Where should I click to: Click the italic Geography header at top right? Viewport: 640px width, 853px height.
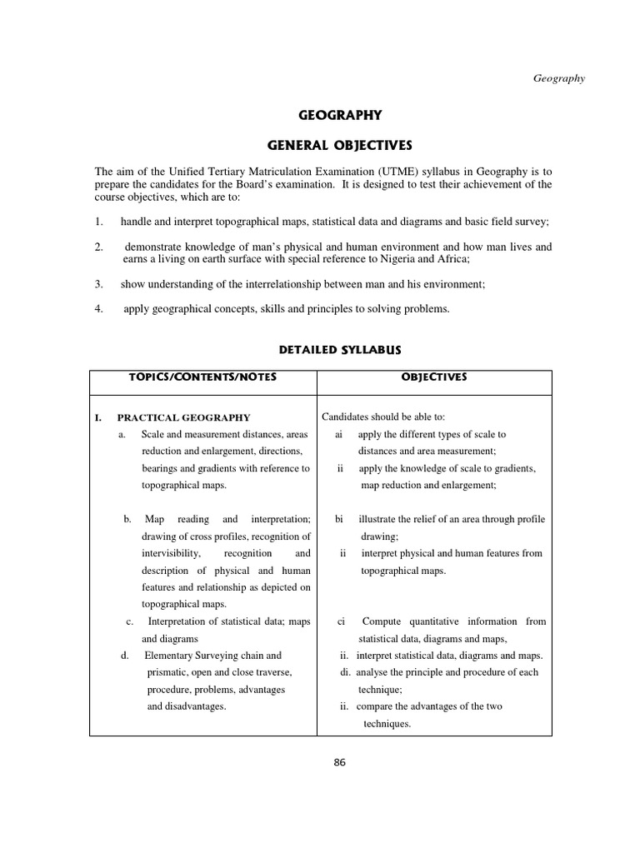point(559,78)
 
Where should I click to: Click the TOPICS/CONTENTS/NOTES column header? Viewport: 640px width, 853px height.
point(202,377)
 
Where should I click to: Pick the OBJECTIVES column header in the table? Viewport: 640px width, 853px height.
point(434,377)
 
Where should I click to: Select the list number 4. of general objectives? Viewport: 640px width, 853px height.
point(98,309)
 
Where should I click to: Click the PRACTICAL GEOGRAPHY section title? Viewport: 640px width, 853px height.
point(183,417)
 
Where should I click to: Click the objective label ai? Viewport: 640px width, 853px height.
point(339,434)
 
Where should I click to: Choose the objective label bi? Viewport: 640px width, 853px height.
point(339,519)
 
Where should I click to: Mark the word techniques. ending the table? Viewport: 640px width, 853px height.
point(387,724)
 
